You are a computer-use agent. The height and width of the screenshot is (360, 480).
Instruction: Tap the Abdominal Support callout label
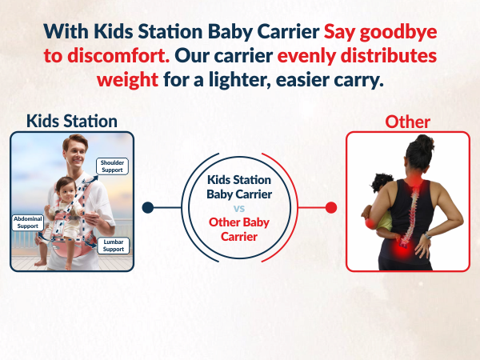[x=27, y=222]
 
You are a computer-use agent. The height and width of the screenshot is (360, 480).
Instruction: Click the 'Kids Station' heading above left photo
[x=72, y=121]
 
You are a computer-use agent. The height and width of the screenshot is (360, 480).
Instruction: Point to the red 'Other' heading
[x=407, y=122]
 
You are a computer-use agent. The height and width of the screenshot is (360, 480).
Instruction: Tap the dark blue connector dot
[x=147, y=207]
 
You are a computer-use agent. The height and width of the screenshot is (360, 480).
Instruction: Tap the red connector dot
[x=331, y=207]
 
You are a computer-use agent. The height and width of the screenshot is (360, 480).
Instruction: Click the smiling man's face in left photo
[x=78, y=156]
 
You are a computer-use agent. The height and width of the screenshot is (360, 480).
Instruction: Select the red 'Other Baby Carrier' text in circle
[x=239, y=230]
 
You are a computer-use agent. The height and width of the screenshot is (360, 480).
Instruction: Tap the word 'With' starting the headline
[x=65, y=32]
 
